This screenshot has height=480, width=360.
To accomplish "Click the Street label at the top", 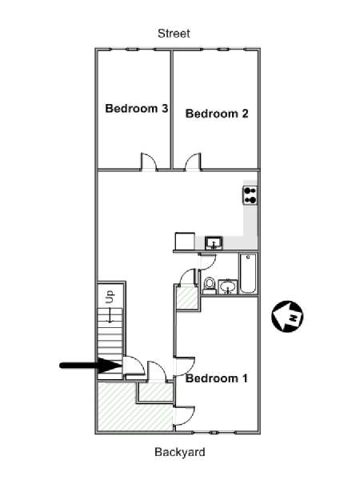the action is pos(174,34).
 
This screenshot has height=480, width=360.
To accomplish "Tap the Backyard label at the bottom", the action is pos(180,452).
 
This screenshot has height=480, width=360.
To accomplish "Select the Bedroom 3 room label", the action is pos(137,108).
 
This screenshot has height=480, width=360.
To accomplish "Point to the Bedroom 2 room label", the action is pos(217,114).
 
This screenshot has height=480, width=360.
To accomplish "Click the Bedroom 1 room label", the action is pos(217,378).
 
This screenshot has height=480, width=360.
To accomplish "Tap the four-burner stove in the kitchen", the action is pos(250,195).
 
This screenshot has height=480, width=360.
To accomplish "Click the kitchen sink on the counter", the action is pos(214,243).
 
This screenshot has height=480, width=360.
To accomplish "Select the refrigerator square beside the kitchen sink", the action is pos(185,242).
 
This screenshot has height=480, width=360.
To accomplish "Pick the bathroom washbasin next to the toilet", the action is pos(227,287).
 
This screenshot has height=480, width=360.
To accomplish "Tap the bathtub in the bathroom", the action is pos(248,273).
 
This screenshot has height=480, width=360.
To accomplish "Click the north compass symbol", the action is pos(287,316).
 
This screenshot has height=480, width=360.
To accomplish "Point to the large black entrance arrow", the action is pos(90,366).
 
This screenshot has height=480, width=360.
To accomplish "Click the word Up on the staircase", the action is pos(110,296).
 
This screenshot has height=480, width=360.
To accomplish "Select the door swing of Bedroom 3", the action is pos(149,162).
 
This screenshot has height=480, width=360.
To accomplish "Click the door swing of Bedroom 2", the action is pos(193,162).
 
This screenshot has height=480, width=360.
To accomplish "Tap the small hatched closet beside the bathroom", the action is pos(187,298).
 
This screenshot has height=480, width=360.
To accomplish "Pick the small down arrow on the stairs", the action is pos(110,315).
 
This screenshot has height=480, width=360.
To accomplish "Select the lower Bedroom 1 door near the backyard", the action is pos(184,416).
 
